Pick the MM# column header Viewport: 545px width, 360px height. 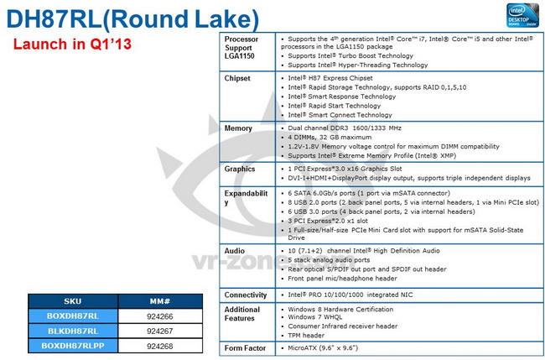[x=160, y=299]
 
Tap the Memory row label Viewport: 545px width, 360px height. [x=240, y=128]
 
